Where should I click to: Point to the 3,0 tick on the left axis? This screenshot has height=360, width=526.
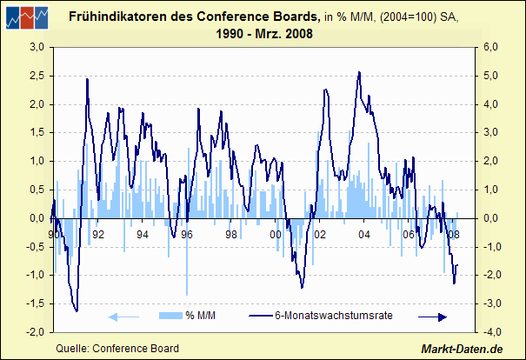coord(37,48)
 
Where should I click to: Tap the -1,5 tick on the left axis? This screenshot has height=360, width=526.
coord(35,304)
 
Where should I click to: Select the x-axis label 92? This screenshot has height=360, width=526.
coord(98,235)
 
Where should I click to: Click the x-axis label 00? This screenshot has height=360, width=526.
coord(276,235)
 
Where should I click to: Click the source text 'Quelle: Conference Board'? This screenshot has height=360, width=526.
coord(117,349)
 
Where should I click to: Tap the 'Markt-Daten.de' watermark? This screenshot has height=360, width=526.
coord(463,349)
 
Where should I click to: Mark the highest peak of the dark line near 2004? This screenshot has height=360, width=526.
coord(360,72)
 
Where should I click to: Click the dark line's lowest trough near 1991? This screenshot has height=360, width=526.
coord(77,310)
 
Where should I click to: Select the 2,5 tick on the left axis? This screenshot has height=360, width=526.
coord(37,76)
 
